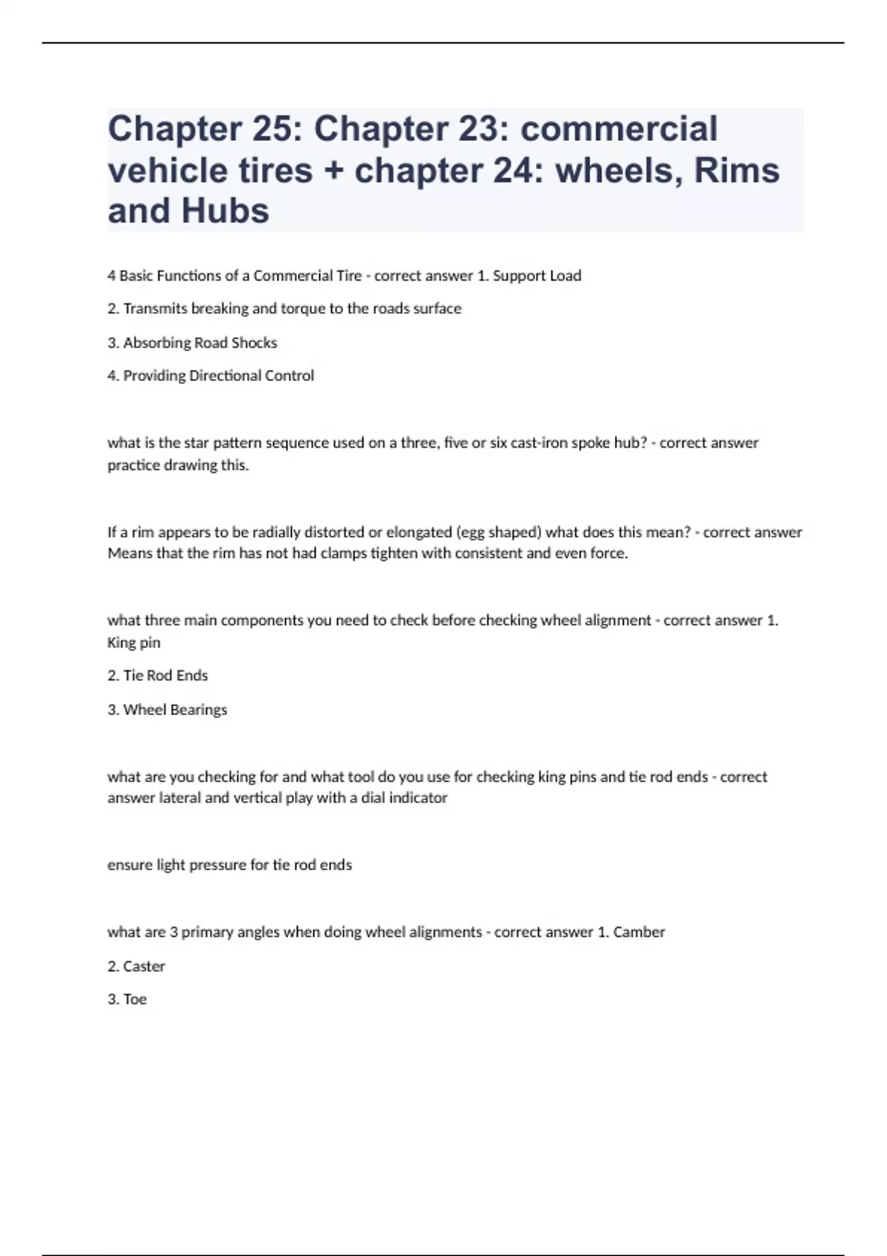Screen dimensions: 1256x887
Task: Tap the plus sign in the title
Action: (x=333, y=171)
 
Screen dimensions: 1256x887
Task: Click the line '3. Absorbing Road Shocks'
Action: (x=192, y=343)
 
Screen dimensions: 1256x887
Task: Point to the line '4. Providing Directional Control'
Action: (x=211, y=376)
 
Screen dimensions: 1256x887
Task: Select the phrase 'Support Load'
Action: (x=537, y=276)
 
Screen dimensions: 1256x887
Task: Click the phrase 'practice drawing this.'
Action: (x=178, y=465)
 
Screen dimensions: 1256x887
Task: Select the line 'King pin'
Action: (x=134, y=643)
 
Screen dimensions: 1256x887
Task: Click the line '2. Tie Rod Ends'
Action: (x=157, y=675)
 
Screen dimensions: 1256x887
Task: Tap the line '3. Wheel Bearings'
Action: (x=167, y=710)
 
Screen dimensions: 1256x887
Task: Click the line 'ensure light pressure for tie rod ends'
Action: (x=229, y=865)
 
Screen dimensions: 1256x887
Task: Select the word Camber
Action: (x=639, y=932)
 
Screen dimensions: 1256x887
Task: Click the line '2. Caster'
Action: (x=136, y=966)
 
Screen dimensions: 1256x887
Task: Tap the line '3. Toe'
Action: (x=127, y=1000)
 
